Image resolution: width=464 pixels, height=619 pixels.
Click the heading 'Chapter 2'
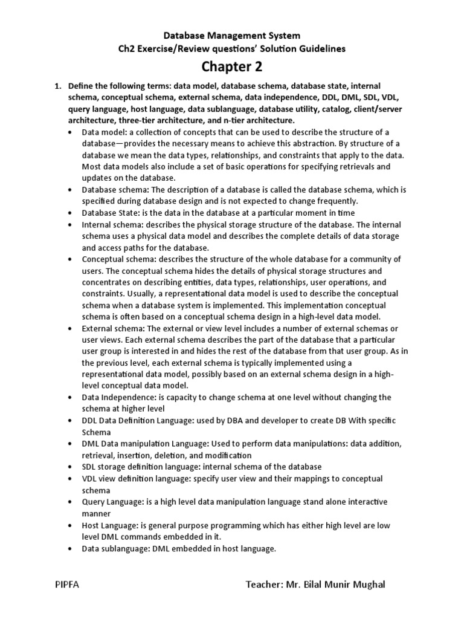232,66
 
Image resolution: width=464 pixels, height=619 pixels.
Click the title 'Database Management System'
232,36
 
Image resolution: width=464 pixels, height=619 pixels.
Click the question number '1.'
59,86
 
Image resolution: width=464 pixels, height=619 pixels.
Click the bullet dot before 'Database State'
73,213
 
